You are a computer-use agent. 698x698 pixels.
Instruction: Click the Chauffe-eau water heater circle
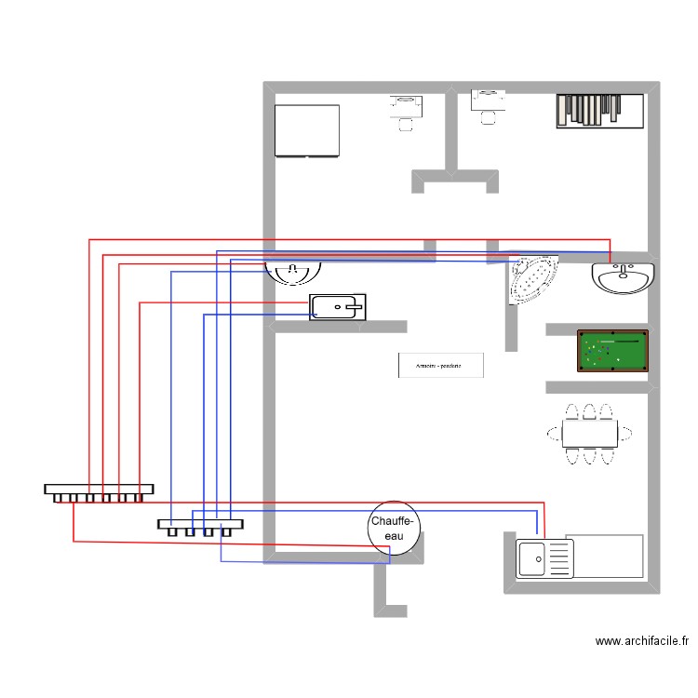coord(395,528)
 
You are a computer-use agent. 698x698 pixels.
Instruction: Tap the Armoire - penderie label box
coord(441,365)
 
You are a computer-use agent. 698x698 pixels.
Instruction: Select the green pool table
coord(612,351)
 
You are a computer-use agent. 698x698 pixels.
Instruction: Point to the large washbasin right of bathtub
coord(623,278)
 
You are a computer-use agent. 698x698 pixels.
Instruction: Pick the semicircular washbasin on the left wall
coord(293,272)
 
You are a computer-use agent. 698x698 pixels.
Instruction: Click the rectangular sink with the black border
coord(337,306)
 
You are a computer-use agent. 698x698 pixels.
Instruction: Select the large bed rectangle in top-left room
coord(307,130)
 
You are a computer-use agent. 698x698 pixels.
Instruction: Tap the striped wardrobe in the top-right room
coord(600,110)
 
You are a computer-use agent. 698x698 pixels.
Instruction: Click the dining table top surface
coord(590,433)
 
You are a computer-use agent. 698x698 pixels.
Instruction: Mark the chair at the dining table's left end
coord(553,433)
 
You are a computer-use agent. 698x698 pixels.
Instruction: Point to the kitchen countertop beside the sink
coord(605,556)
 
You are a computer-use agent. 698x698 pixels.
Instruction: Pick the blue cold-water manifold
coord(199,526)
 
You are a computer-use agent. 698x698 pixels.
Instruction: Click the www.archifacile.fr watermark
coord(642,641)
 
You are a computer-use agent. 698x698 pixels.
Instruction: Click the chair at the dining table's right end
coord(628,433)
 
